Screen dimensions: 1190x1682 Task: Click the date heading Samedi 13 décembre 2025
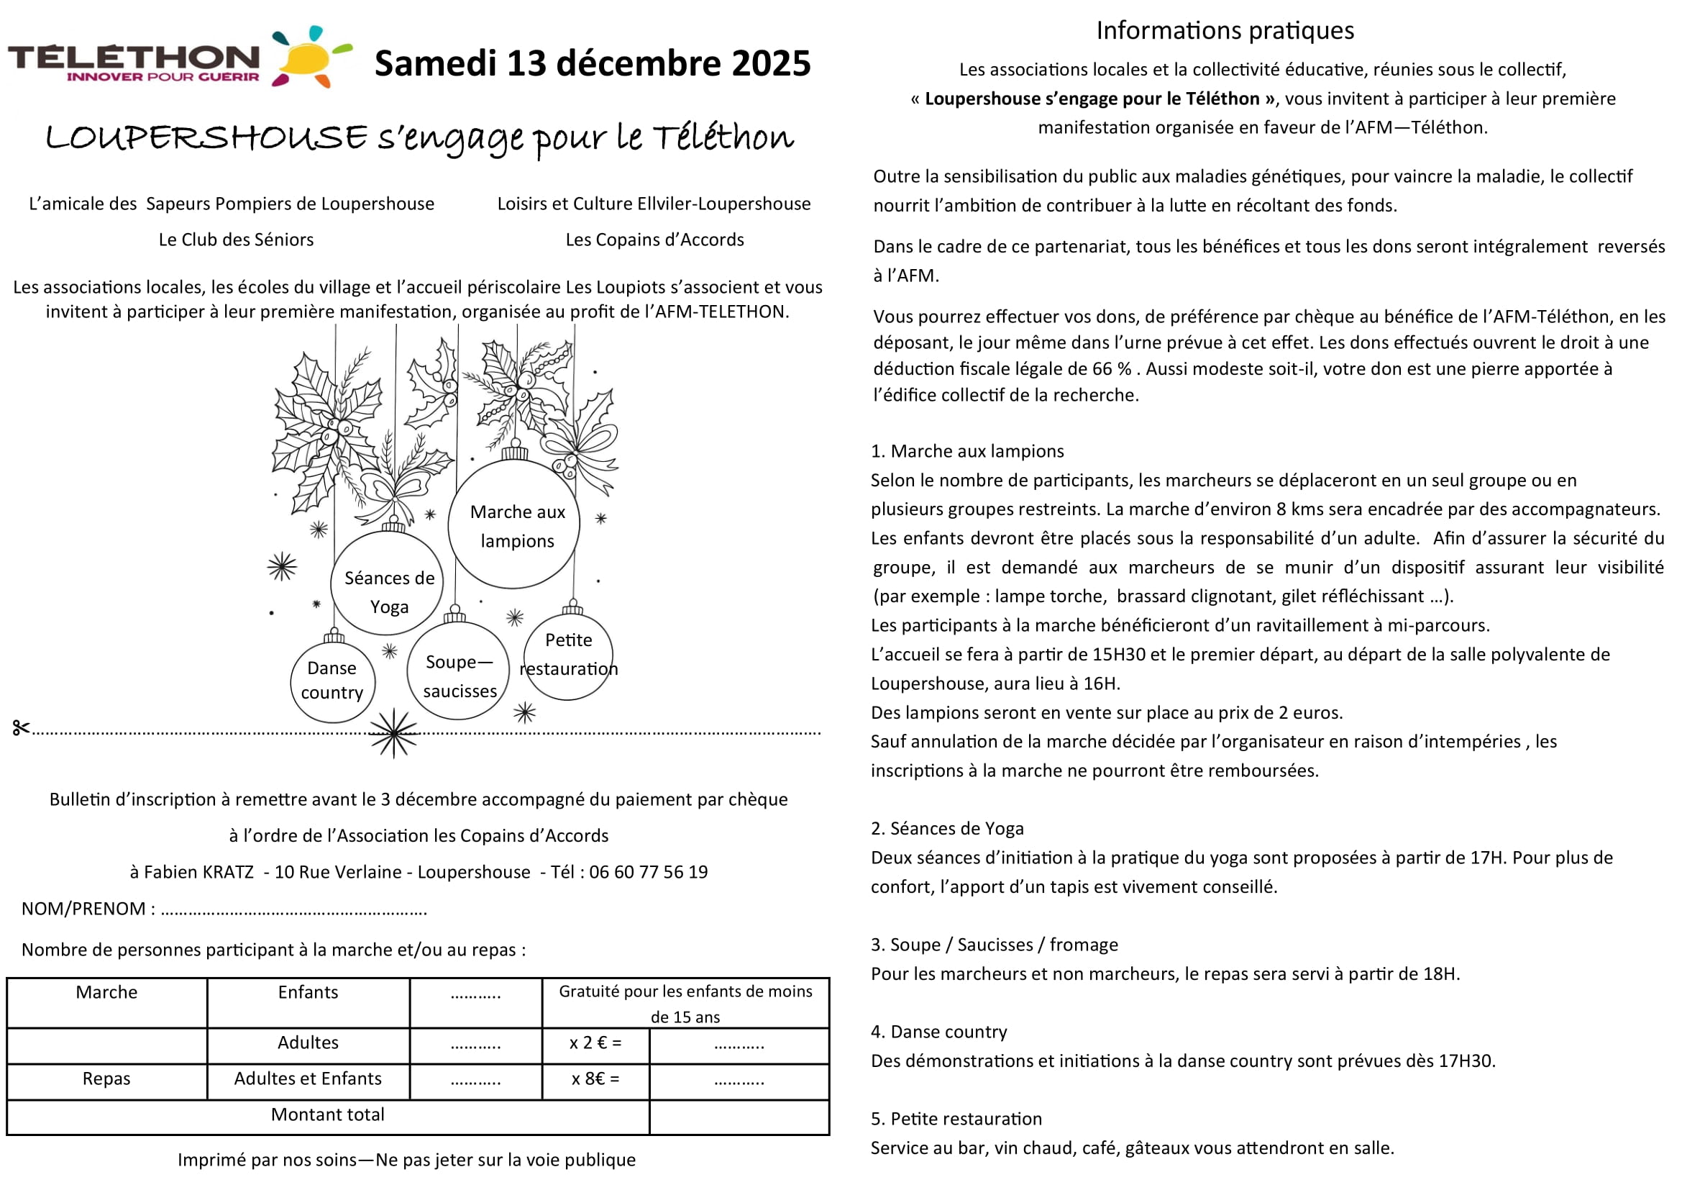592,63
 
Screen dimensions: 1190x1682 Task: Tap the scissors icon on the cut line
21,727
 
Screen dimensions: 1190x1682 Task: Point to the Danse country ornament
333,681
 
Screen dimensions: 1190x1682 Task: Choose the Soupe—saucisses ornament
459,673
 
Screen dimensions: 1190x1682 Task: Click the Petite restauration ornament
569,657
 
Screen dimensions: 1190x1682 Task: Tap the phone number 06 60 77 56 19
649,872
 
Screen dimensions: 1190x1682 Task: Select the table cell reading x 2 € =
595,1043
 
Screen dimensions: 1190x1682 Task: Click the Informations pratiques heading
1225,31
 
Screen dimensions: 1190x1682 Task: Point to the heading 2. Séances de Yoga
946,829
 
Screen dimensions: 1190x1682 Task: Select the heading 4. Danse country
938,1032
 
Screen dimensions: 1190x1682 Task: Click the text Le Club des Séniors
236,240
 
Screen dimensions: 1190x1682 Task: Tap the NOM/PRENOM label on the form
83,909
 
